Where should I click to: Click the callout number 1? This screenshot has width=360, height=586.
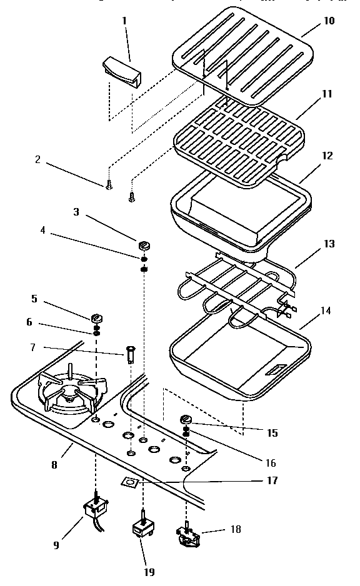tap(124, 21)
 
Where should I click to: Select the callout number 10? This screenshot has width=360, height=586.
tap(329, 21)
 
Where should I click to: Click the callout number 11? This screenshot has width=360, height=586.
tap(327, 94)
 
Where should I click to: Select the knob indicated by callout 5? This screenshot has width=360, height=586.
tap(96, 316)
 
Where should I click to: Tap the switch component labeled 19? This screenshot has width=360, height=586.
tap(144, 530)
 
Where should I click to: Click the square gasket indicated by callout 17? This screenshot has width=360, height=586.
tap(129, 482)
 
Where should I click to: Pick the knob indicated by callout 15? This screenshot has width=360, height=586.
tap(186, 419)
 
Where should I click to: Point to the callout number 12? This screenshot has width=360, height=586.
tap(327, 156)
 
